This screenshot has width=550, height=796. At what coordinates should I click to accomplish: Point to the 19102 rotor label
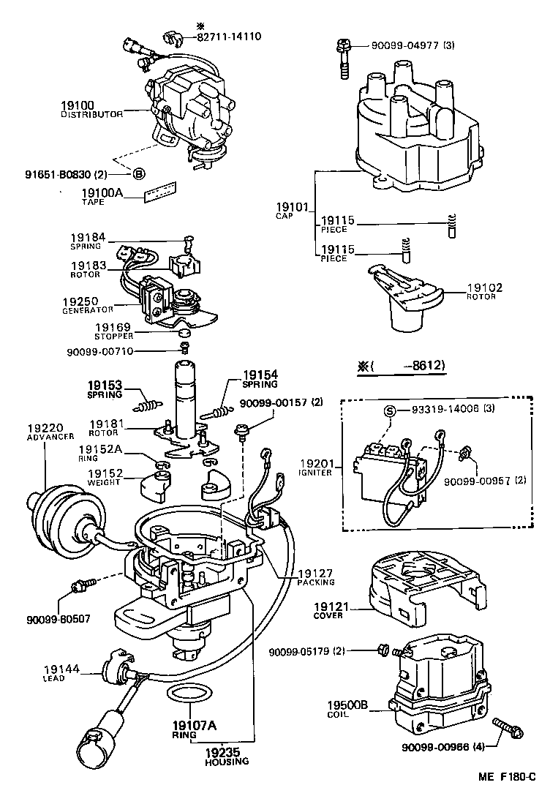click(x=484, y=288)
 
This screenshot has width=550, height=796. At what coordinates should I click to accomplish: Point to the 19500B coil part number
click(x=348, y=705)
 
